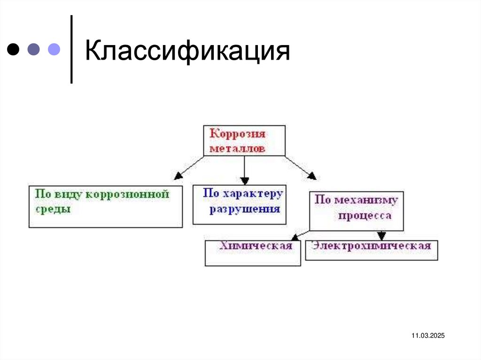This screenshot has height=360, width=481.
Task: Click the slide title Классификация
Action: click(x=186, y=51)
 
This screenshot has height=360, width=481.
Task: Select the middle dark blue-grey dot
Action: click(x=34, y=49)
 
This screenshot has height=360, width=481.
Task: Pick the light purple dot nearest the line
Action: click(x=54, y=49)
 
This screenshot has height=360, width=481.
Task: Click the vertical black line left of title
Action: click(x=71, y=49)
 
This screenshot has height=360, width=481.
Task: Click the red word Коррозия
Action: click(x=238, y=134)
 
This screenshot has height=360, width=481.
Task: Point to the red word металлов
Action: click(x=238, y=148)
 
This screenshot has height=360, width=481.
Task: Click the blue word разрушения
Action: click(x=244, y=208)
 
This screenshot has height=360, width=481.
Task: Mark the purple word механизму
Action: click(x=366, y=200)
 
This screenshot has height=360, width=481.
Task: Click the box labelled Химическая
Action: click(x=253, y=253)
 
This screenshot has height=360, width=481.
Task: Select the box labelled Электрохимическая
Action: click(x=372, y=250)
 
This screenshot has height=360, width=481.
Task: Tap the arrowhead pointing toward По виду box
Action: click(x=178, y=176)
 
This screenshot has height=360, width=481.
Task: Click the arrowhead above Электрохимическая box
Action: click(x=381, y=236)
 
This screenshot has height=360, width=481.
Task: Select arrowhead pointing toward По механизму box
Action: click(x=312, y=176)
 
